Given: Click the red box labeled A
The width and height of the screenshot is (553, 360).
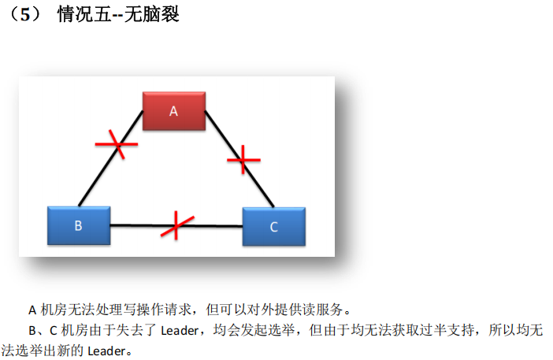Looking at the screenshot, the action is [x=174, y=111].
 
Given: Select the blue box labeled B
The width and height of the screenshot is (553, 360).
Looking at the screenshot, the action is [x=79, y=226].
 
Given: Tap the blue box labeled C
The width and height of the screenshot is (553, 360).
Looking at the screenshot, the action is [x=273, y=227].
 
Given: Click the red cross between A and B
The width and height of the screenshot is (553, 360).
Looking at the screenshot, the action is [x=117, y=144].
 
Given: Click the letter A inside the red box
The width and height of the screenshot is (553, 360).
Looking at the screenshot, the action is [x=174, y=112].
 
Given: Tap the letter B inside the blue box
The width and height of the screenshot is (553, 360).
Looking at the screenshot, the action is [x=78, y=226].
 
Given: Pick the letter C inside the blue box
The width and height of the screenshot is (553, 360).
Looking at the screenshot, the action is [x=273, y=227].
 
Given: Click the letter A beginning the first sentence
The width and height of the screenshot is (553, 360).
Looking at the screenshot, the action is [x=32, y=309].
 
